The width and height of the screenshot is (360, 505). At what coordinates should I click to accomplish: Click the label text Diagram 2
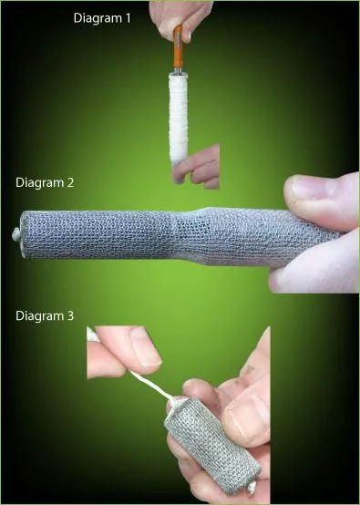(45, 181)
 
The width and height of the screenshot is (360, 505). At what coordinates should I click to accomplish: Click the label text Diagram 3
(45, 315)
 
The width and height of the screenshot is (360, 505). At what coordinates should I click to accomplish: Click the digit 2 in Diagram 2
(70, 181)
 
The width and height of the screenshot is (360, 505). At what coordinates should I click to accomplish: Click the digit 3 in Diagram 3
(70, 315)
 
